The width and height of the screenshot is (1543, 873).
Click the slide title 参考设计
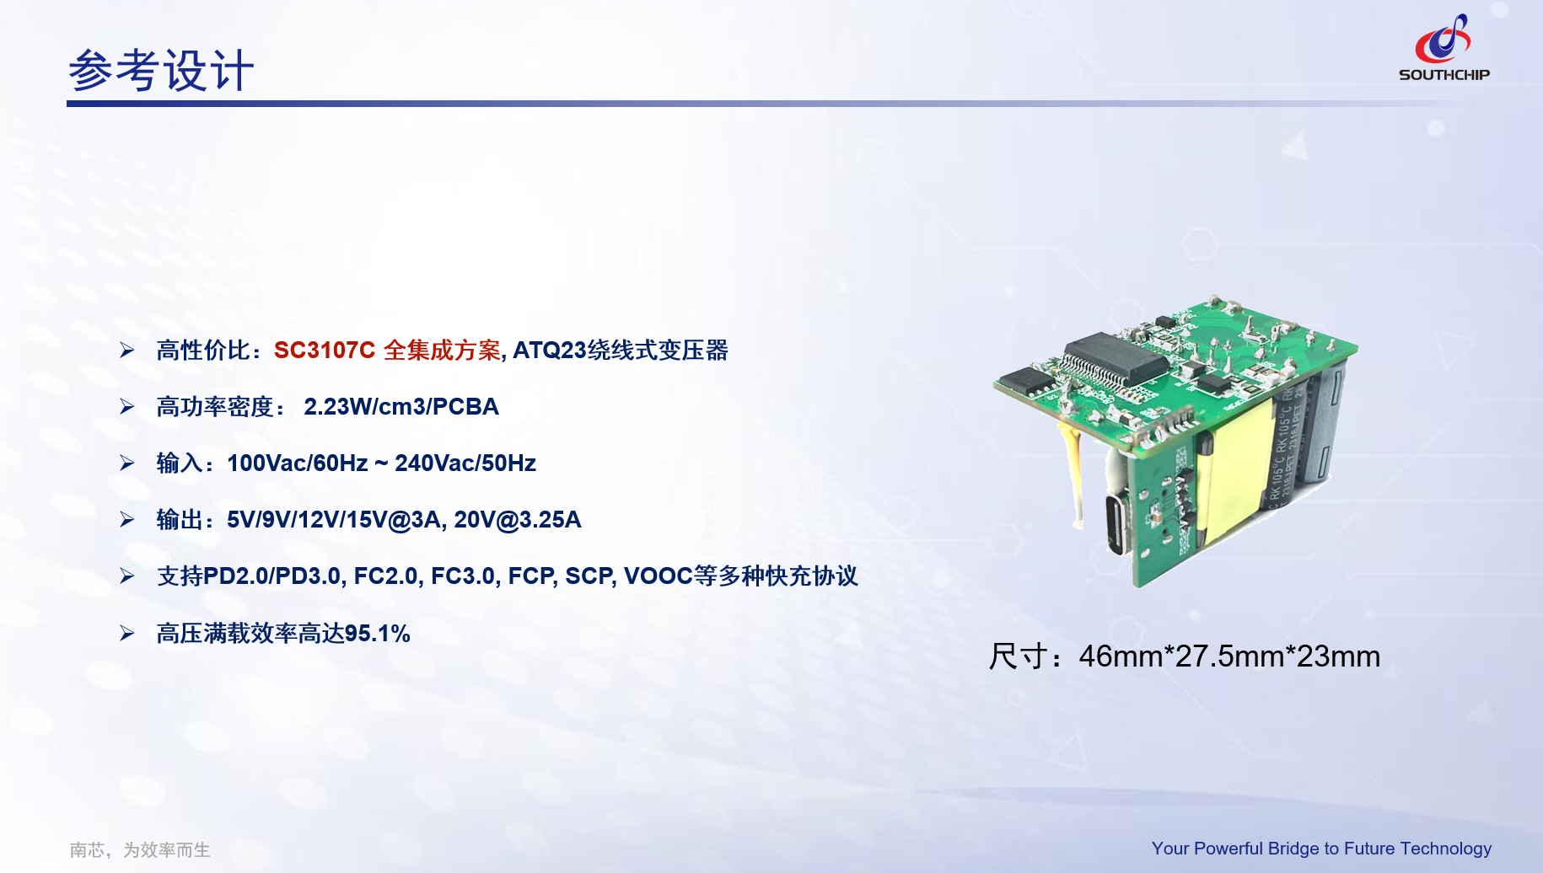(161, 71)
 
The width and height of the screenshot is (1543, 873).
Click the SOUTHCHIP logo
(1444, 49)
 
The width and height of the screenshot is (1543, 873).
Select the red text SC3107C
(324, 351)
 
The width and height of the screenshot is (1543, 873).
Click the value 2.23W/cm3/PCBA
(401, 407)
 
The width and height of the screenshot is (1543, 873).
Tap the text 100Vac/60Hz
(297, 463)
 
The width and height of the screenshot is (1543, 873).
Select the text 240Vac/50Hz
(465, 463)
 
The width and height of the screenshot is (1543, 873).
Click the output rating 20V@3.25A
(517, 520)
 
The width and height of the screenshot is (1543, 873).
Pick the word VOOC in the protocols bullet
(658, 576)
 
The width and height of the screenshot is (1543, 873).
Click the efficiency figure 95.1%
(377, 634)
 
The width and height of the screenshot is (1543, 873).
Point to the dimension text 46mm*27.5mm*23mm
(1229, 656)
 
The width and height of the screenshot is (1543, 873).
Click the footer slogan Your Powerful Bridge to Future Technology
(1321, 849)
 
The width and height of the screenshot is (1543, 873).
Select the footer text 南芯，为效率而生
(140, 850)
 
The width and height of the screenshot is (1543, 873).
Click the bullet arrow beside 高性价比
(127, 351)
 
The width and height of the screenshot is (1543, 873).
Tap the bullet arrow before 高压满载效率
(127, 634)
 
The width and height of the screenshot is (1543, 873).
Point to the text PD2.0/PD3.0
(272, 576)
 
